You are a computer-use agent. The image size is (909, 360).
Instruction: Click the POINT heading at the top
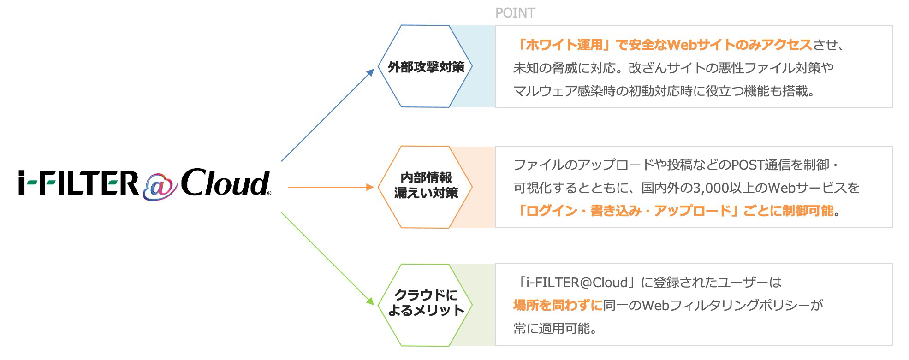[x=515, y=13]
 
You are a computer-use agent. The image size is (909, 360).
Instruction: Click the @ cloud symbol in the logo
[x=159, y=186]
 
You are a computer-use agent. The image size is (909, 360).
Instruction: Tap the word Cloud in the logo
[x=225, y=183]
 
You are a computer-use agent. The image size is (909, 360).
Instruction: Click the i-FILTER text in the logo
[x=78, y=183]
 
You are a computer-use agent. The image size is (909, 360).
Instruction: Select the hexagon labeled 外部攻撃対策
[x=425, y=67]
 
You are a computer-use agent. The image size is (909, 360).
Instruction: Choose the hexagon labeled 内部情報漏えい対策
[x=425, y=187]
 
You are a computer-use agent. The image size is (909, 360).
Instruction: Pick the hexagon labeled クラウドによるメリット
[x=425, y=305]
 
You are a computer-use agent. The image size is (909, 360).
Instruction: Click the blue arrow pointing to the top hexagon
[x=327, y=115]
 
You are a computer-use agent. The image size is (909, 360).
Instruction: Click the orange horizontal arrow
[x=330, y=187]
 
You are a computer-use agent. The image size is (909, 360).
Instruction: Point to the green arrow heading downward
[x=327, y=258]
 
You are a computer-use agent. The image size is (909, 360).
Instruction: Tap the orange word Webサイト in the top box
[x=701, y=45]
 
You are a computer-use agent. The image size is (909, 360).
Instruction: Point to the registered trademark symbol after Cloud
[x=269, y=193]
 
